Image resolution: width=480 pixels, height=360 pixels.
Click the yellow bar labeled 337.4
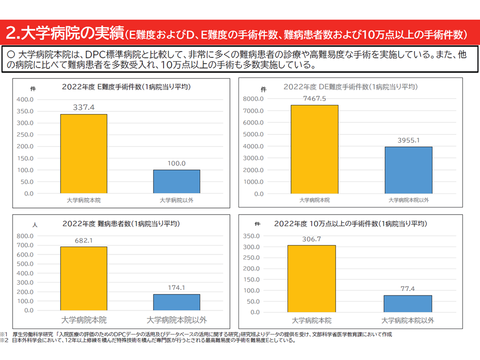[x=83, y=153]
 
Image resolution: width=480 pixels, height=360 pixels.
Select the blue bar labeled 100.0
[x=176, y=181]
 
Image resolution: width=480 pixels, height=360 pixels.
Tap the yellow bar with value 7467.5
[x=314, y=149]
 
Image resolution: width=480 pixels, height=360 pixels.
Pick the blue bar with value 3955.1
[x=408, y=170]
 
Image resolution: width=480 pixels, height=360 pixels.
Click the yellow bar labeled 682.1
[x=83, y=278]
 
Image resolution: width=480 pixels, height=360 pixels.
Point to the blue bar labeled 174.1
[x=176, y=302]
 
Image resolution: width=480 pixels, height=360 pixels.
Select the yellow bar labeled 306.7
[x=311, y=278]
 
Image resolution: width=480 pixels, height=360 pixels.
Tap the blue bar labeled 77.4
[x=407, y=303]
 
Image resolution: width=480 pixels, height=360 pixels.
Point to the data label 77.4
[x=407, y=289]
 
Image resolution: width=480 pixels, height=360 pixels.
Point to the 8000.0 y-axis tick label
[x=253, y=99]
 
